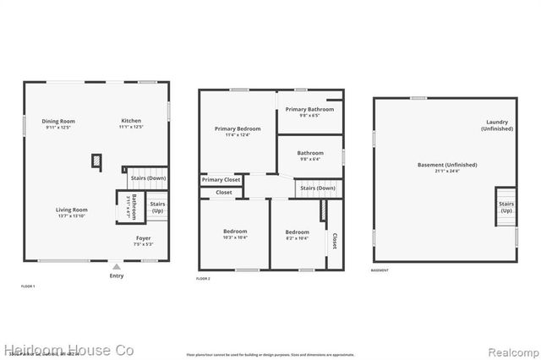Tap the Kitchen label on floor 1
(131, 121)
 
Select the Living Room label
(72, 210)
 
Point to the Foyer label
(144, 238)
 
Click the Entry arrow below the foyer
(116, 265)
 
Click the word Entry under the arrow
(116, 275)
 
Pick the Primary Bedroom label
(238, 128)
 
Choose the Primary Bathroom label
(308, 109)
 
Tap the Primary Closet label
(221, 179)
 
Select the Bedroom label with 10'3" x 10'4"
(235, 232)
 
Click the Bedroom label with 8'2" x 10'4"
(297, 232)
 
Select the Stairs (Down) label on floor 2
(318, 188)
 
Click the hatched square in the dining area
(97, 159)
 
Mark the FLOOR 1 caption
(28, 287)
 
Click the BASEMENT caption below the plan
(380, 270)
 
